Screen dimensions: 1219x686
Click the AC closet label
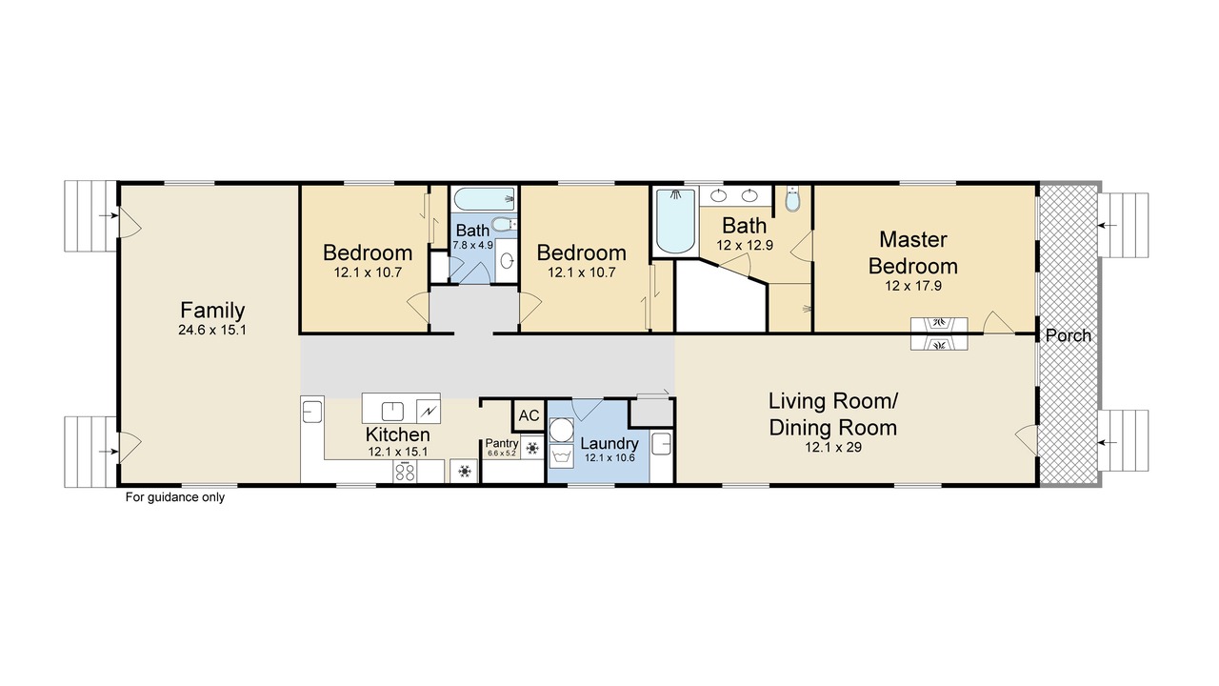click(x=529, y=415)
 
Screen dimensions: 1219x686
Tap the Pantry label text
click(x=501, y=443)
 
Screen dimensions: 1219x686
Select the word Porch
click(x=1069, y=335)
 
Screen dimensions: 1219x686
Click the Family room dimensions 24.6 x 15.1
click(x=212, y=330)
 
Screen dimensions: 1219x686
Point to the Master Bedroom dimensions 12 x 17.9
click(x=913, y=285)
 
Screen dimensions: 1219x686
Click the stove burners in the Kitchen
click(x=405, y=472)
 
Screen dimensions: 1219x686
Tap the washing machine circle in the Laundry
click(x=561, y=430)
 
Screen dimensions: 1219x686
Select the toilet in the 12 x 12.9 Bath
click(x=793, y=199)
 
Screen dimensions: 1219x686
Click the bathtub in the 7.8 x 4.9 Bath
click(x=485, y=199)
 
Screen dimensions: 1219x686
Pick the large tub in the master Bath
click(x=675, y=220)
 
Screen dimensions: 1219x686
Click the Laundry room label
click(x=609, y=443)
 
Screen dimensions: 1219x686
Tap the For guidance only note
click(x=174, y=497)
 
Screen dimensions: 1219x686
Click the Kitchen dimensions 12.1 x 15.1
click(x=398, y=452)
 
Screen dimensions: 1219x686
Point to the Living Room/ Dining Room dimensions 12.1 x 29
click(x=833, y=447)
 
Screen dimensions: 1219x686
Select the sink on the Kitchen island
click(x=392, y=411)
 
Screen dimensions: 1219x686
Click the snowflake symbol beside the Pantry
click(x=532, y=448)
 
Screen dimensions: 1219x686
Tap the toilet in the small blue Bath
click(x=505, y=224)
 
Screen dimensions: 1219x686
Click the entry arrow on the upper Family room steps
click(x=109, y=215)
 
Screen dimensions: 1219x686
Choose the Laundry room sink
click(x=661, y=444)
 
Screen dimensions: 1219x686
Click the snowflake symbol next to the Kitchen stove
click(x=464, y=472)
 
